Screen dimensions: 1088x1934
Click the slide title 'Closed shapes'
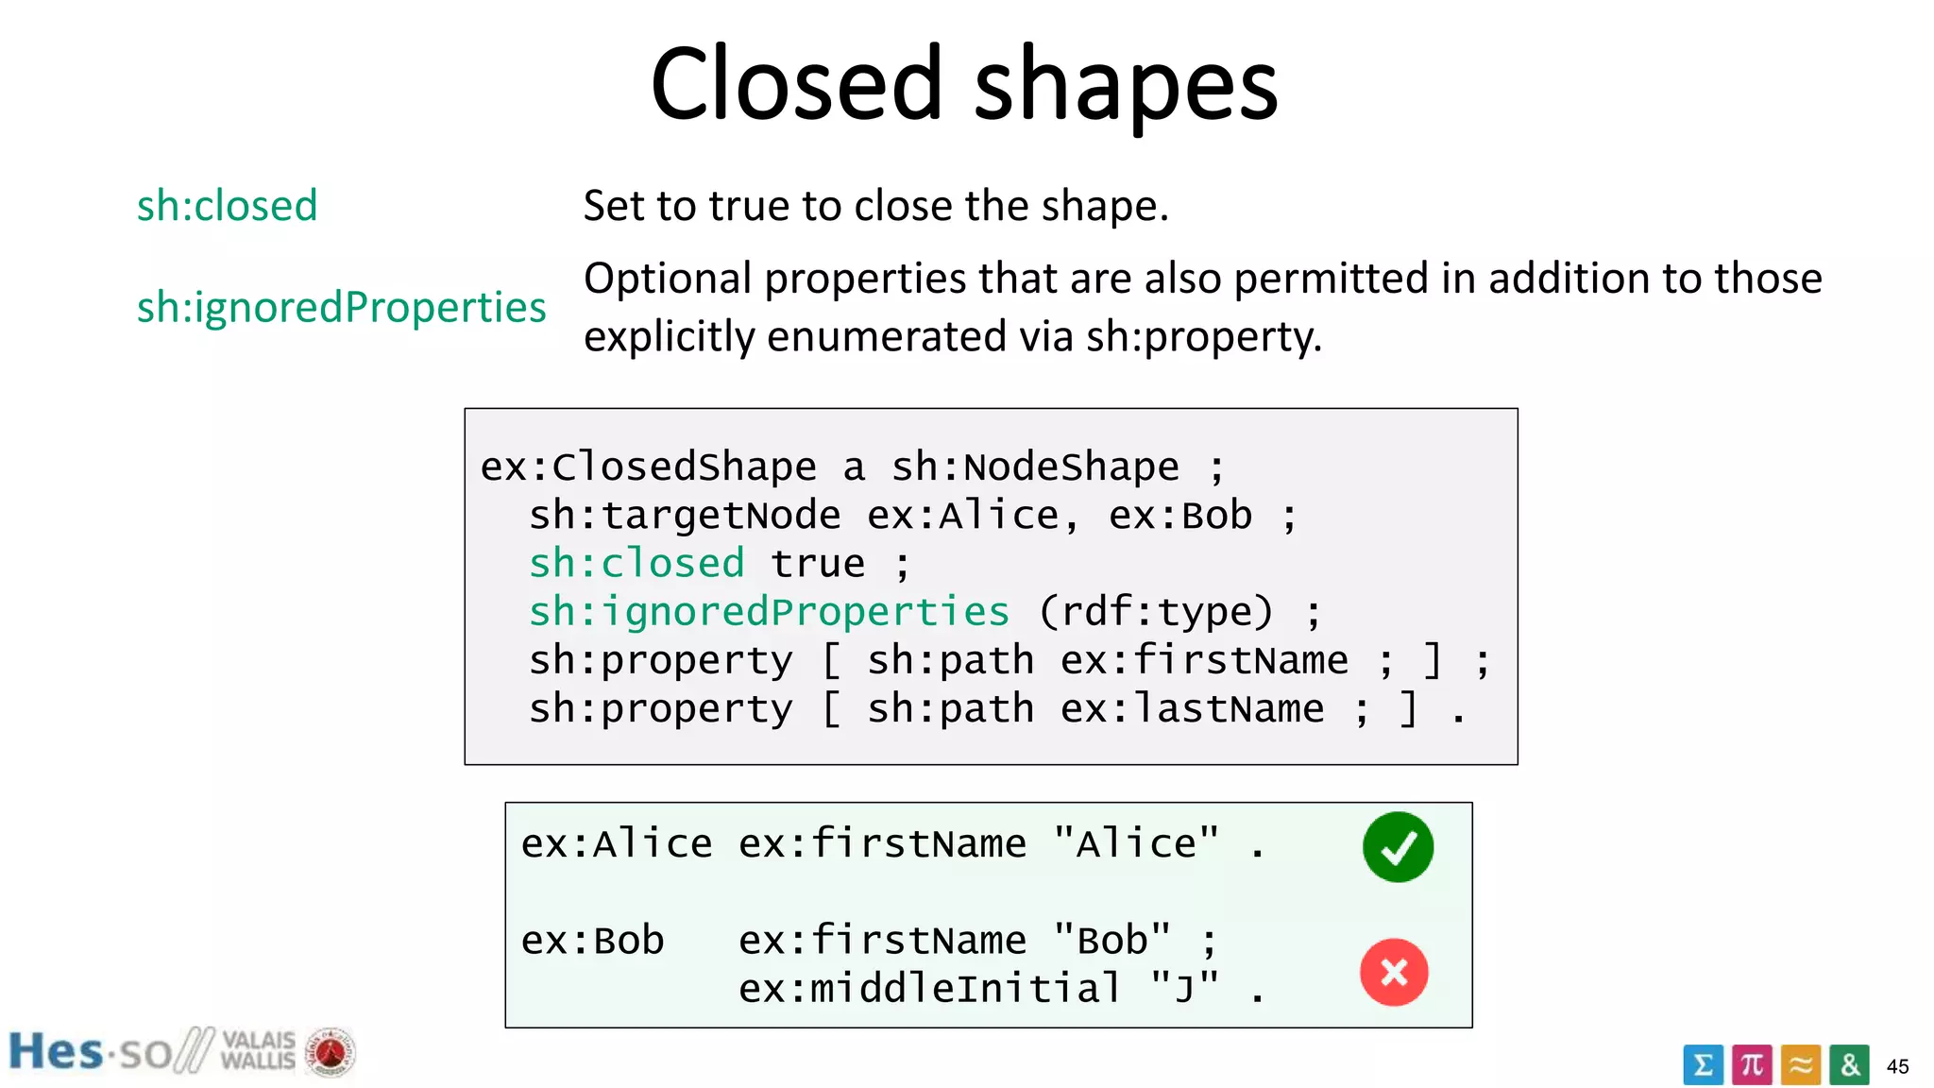click(964, 85)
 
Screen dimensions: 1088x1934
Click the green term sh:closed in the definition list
click(227, 206)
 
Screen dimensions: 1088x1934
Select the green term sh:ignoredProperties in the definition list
click(341, 307)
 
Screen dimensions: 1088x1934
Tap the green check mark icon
click(1398, 847)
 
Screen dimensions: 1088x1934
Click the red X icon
click(1394, 972)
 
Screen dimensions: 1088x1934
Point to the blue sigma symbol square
click(1703, 1065)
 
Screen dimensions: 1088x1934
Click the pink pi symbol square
click(1752, 1065)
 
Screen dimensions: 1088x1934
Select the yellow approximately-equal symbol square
click(1801, 1065)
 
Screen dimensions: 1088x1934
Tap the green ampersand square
click(1849, 1065)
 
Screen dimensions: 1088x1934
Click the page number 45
click(1897, 1066)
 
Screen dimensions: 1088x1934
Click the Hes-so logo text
click(90, 1052)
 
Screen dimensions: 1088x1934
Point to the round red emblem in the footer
click(330, 1052)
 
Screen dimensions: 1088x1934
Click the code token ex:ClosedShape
click(648, 467)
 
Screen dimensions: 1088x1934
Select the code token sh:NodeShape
click(1035, 467)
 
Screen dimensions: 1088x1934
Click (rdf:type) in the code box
click(1156, 612)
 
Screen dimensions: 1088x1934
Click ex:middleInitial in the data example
click(929, 989)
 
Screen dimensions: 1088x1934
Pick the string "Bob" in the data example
click(1111, 941)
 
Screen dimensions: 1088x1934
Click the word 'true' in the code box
click(818, 564)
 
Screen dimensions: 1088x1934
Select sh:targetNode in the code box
click(685, 516)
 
